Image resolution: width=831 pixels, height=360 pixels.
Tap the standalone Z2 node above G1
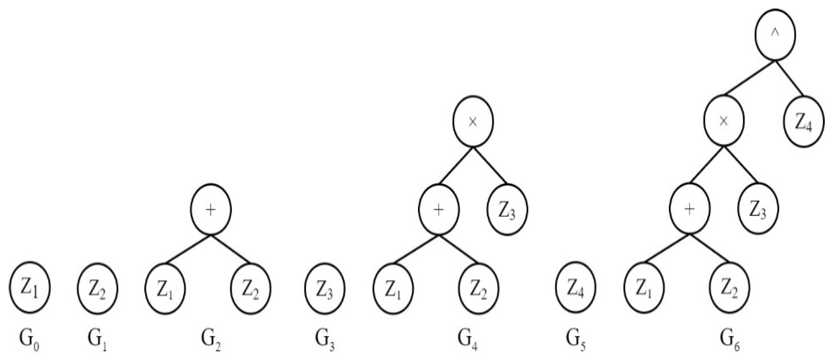[x=98, y=289]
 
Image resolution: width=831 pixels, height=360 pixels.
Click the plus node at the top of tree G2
[x=211, y=209]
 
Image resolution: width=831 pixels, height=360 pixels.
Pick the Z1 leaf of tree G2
[x=165, y=289]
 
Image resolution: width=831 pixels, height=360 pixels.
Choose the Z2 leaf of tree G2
[x=251, y=289]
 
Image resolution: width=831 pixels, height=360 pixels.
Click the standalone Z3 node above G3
[x=325, y=289]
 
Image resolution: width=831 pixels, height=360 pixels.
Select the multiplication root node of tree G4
[x=473, y=121]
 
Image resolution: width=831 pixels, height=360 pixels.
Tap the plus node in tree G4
[x=439, y=209]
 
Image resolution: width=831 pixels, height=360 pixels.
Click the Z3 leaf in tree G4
[x=507, y=209]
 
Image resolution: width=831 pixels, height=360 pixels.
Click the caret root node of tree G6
[x=775, y=35]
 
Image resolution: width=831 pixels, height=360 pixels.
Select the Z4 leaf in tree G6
[x=804, y=121]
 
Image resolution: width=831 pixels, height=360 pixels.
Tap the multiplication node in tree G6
[x=724, y=121]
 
